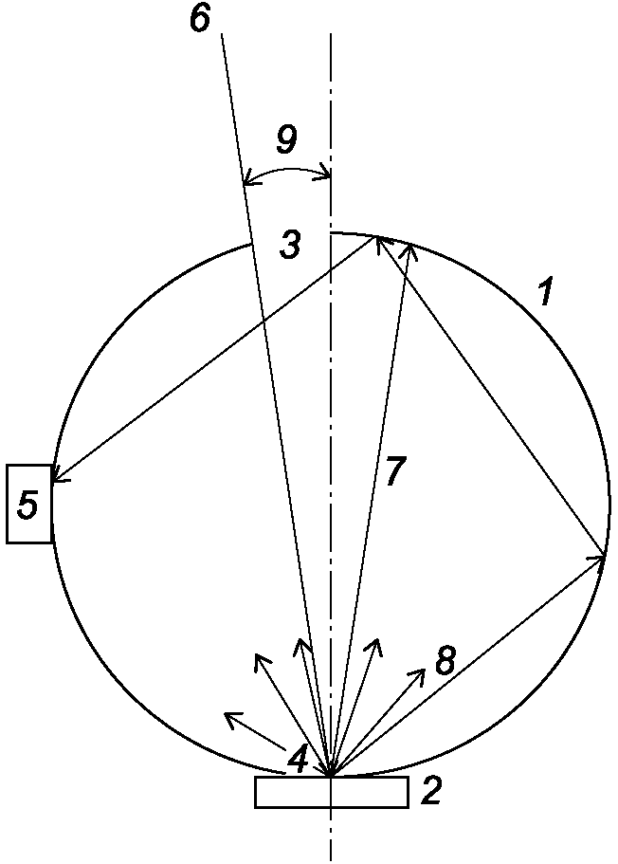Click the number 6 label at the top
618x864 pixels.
tap(201, 18)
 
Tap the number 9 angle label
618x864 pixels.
tap(286, 139)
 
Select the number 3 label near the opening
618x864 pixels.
tap(290, 245)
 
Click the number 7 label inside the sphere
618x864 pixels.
tap(395, 471)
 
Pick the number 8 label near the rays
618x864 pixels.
tap(445, 661)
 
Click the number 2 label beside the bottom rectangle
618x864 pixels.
tap(430, 792)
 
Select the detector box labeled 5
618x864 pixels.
tap(29, 505)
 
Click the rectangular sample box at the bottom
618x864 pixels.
tap(332, 792)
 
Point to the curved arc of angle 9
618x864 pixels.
tap(286, 170)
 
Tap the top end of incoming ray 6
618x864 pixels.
tap(222, 34)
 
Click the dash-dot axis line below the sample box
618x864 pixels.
tap(331, 835)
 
